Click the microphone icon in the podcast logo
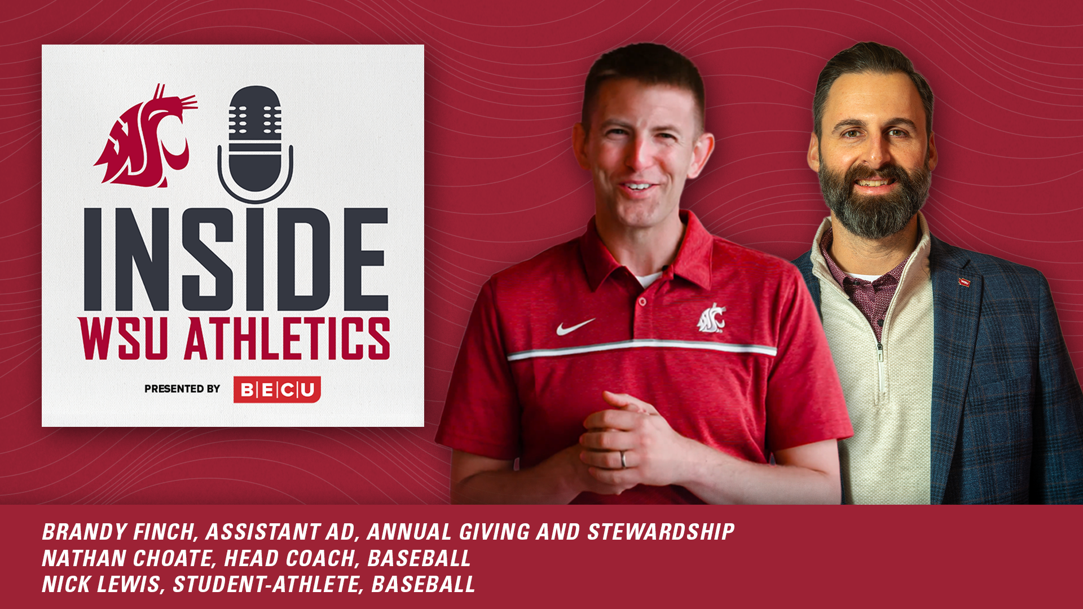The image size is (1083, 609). pos(255,141)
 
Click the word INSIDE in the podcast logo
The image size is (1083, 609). pos(236,259)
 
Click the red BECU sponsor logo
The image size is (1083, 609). pos(277,390)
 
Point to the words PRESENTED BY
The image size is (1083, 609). pos(182,389)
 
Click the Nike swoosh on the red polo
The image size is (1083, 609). pos(575,326)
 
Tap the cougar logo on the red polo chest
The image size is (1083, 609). pos(711,319)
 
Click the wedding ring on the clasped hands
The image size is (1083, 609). pos(623,459)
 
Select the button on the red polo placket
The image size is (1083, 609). pos(642,302)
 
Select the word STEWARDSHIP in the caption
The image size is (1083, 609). pos(661,532)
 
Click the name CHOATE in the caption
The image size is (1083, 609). pos(173,558)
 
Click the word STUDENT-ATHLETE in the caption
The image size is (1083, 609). pos(266,584)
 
